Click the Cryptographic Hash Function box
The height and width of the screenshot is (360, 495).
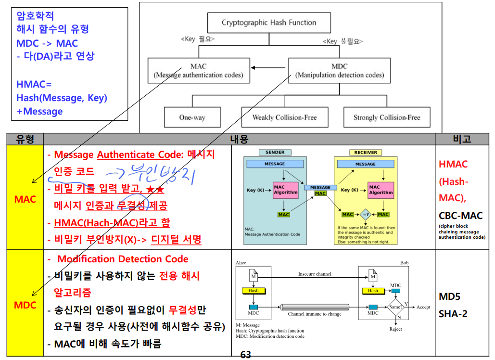[268, 23]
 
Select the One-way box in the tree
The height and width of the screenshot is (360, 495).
[192, 117]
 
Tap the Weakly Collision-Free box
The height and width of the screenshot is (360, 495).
[284, 117]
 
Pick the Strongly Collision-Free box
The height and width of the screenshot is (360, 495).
[386, 117]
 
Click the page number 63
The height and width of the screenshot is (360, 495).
[245, 355]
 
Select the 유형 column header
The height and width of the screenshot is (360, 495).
[25, 139]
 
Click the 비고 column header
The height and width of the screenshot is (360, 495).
[462, 139]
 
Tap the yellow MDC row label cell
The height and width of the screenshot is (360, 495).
[25, 305]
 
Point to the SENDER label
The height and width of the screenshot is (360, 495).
[275, 153]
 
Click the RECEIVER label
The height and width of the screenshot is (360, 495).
[366, 153]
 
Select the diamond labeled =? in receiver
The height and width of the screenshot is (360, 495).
[366, 214]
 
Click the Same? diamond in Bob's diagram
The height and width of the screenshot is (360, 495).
[395, 307]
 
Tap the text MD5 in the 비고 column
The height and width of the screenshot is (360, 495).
[449, 296]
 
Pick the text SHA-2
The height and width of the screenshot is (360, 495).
[453, 314]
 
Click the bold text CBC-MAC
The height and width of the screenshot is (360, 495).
[460, 216]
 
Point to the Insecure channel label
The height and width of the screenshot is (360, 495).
[314, 274]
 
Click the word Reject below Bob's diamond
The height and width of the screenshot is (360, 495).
[395, 329]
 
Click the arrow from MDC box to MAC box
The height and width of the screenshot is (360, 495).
[269, 67]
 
